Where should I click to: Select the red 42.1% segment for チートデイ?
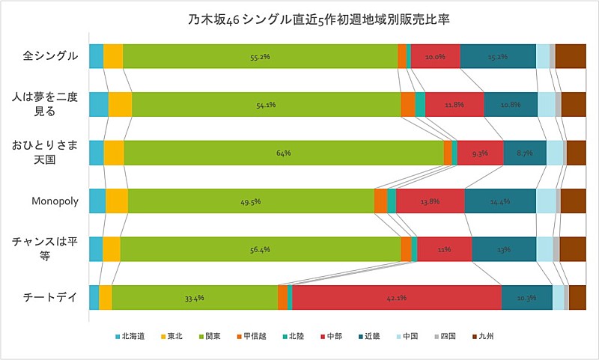pyautogui.click(x=397, y=297)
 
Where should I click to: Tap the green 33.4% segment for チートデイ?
pyautogui.click(x=195, y=297)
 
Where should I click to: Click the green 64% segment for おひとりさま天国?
pyautogui.click(x=284, y=153)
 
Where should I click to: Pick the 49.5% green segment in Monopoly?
pyautogui.click(x=251, y=201)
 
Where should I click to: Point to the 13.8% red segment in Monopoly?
pyautogui.click(x=431, y=201)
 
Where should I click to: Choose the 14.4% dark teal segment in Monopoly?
pyautogui.click(x=500, y=201)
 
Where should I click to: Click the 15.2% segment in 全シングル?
pyautogui.click(x=498, y=56)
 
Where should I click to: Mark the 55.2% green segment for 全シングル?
pyautogui.click(x=260, y=56)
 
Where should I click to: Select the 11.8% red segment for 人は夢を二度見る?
pyautogui.click(x=454, y=105)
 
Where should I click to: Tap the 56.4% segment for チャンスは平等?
pyautogui.click(x=260, y=249)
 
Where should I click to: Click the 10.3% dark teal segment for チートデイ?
pyautogui.click(x=526, y=297)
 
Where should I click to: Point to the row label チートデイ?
pyautogui.click(x=51, y=297)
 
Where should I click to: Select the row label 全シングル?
pyautogui.click(x=50, y=56)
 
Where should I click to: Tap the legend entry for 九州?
pyautogui.click(x=483, y=336)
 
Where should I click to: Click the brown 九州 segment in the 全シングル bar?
pyautogui.click(x=570, y=56)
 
